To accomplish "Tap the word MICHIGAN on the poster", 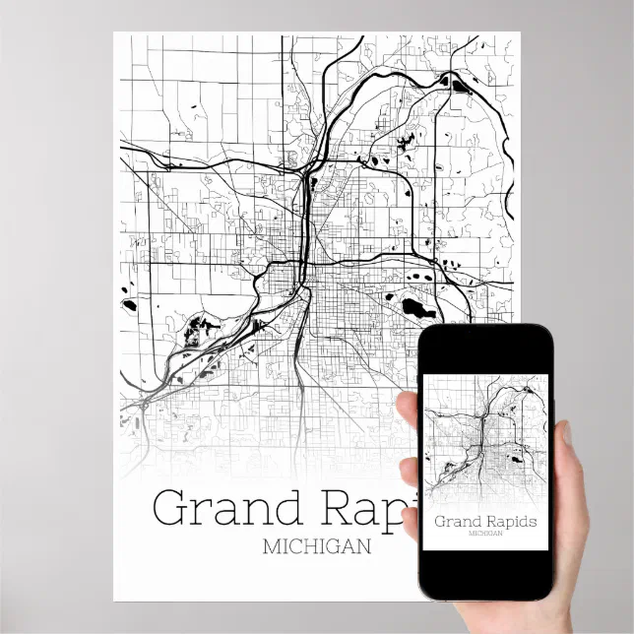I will click(x=317, y=547).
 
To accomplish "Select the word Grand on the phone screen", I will click(x=456, y=521).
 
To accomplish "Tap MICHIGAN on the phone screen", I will click(x=484, y=533).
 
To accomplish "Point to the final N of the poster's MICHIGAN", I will click(x=365, y=547).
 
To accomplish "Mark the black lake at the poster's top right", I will click(x=460, y=84).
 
